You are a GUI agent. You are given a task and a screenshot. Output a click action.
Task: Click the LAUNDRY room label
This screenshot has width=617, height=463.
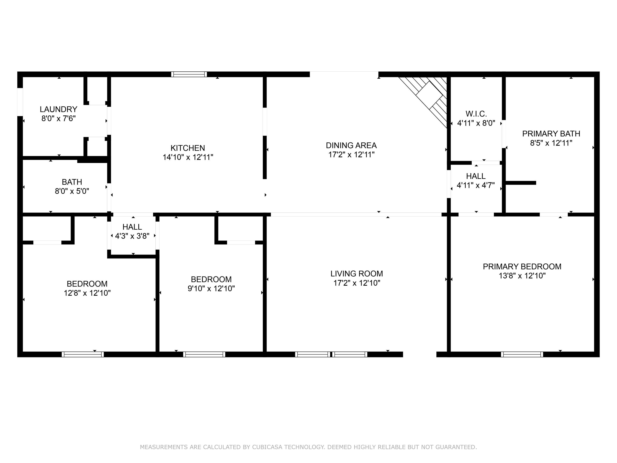pyautogui.click(x=59, y=109)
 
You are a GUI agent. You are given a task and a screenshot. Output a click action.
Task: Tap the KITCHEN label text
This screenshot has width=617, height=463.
pyautogui.click(x=188, y=148)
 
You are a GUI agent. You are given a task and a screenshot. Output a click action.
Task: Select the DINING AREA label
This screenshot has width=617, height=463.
pyautogui.click(x=351, y=145)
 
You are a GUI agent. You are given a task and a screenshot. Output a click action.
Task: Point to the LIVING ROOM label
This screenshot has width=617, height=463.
pyautogui.click(x=357, y=273)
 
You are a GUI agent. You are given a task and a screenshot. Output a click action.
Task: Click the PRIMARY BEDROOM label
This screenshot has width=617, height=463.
pyautogui.click(x=522, y=266)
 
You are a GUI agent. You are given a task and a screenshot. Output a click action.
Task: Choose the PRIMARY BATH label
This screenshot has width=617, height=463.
pyautogui.click(x=551, y=134)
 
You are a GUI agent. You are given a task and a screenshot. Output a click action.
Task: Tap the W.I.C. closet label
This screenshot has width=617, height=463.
pyautogui.click(x=476, y=114)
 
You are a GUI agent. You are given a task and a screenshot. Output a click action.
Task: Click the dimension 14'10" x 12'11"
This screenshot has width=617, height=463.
pyautogui.click(x=188, y=157)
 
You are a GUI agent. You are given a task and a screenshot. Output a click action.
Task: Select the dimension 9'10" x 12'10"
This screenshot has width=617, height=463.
pyautogui.click(x=211, y=289)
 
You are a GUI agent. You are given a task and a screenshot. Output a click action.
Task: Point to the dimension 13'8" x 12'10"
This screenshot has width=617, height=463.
pyautogui.click(x=522, y=276)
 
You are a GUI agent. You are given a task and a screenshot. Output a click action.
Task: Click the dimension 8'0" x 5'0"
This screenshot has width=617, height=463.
pyautogui.click(x=72, y=191)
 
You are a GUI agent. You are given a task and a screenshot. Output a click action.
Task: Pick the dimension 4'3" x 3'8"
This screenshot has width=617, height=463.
pyautogui.click(x=132, y=236)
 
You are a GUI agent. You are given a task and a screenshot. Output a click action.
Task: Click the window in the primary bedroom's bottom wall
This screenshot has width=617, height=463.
pyautogui.click(x=522, y=354)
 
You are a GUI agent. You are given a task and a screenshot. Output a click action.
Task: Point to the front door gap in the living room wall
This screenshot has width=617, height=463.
pyautogui.click(x=420, y=354)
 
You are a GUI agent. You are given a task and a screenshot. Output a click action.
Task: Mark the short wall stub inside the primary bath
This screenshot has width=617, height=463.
pyautogui.click(x=521, y=183)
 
